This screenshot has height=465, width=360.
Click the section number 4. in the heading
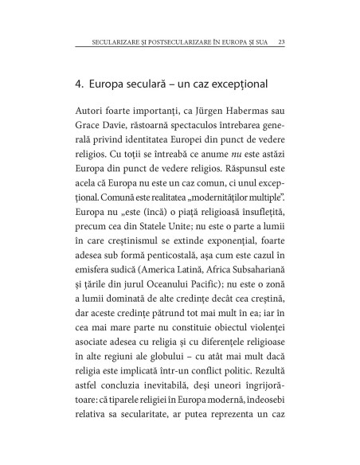79,83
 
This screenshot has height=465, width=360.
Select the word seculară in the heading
152,83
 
